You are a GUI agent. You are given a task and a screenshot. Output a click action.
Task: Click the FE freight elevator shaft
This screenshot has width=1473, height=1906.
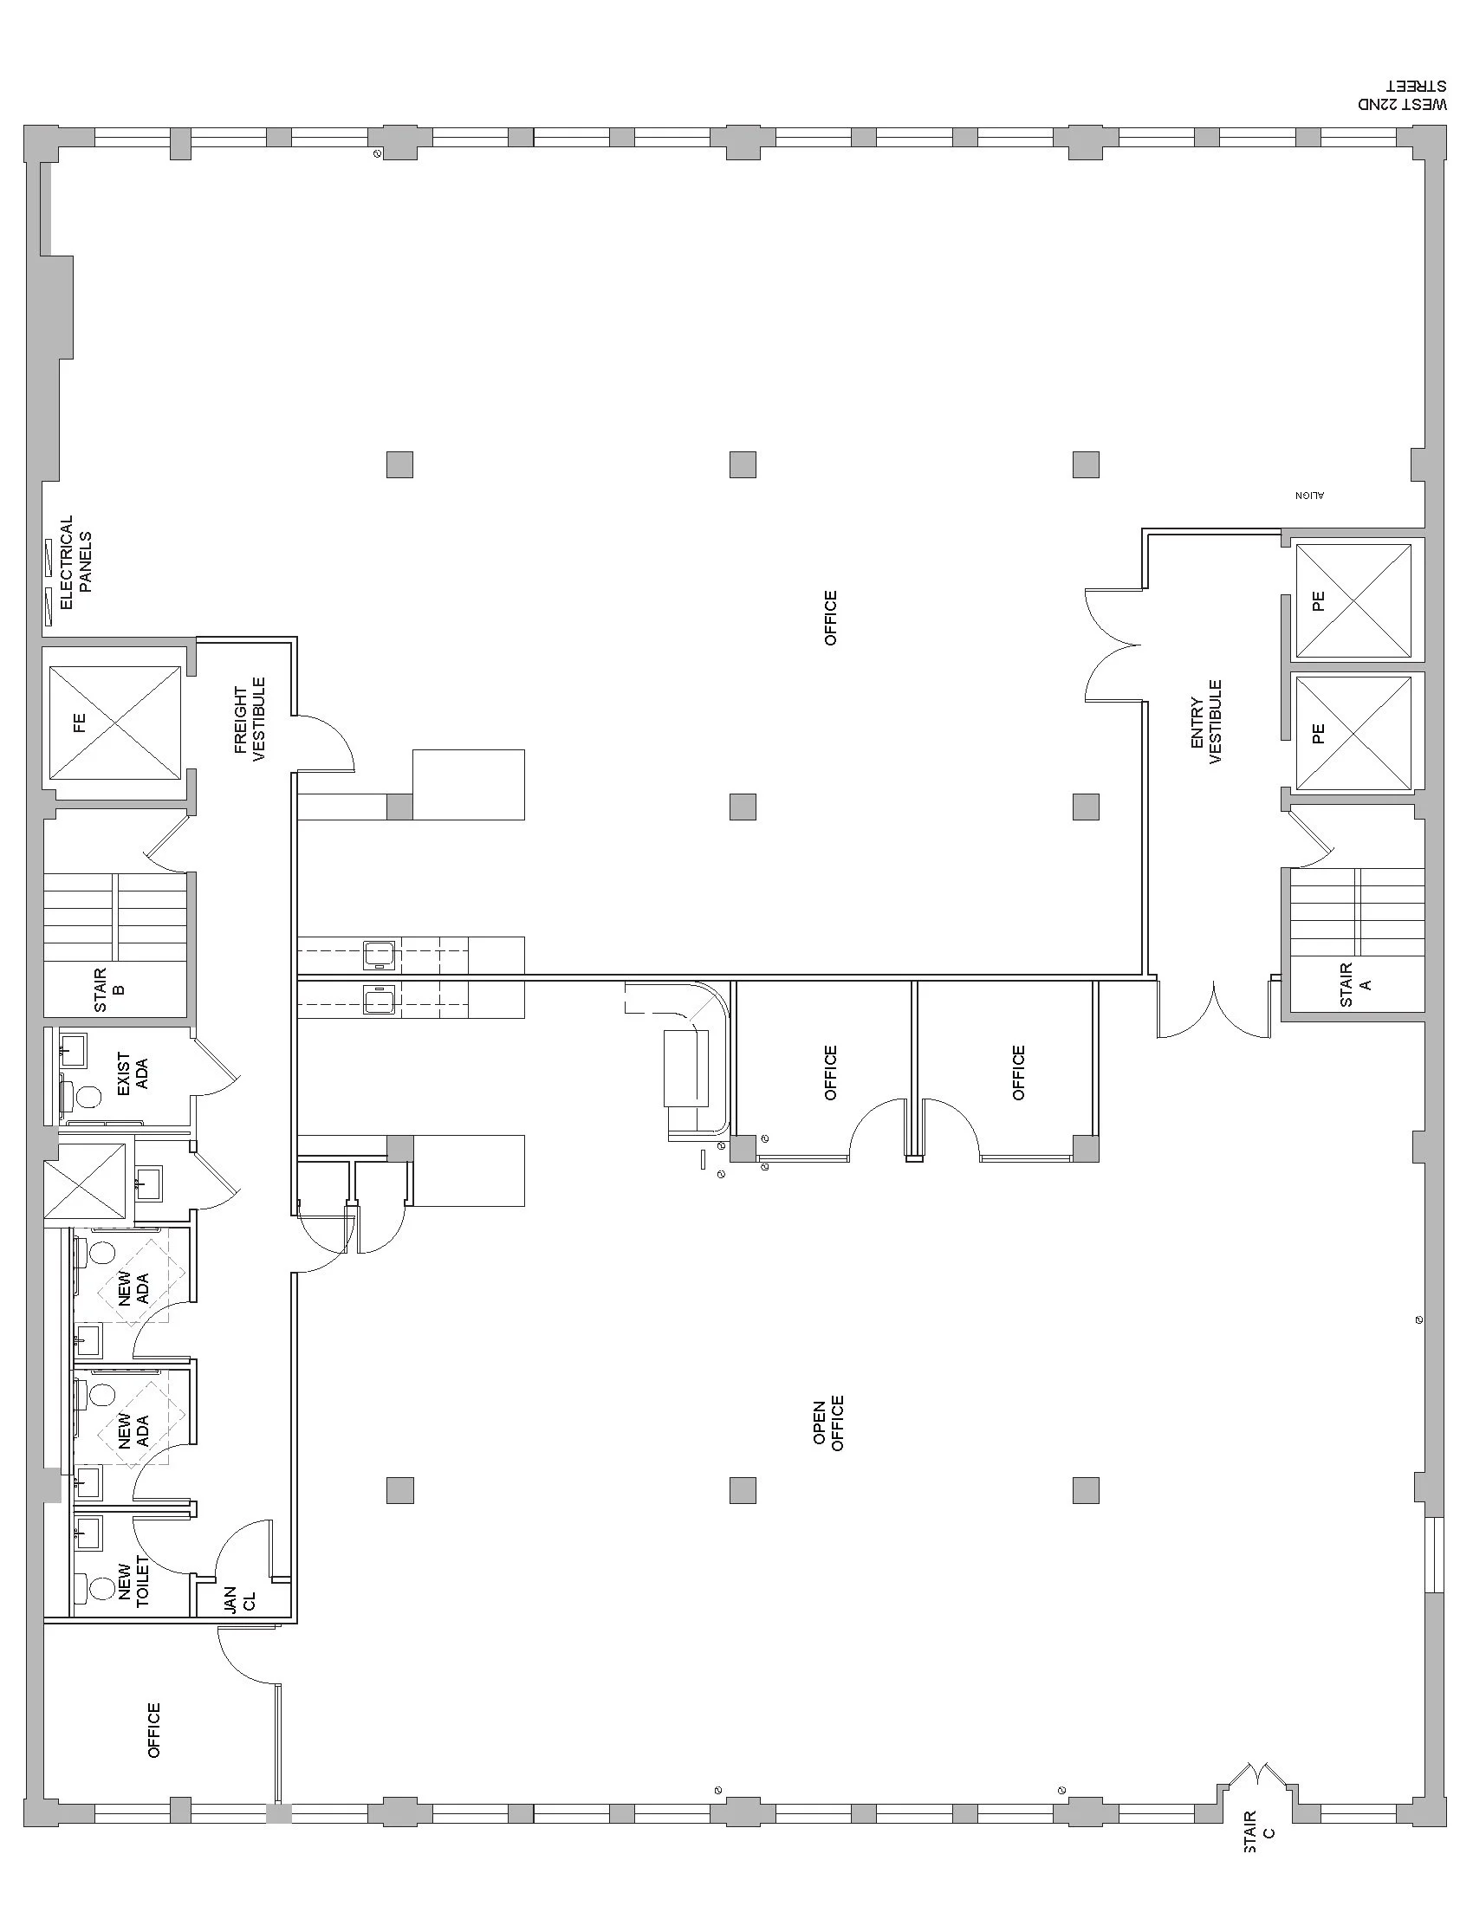pyautogui.click(x=115, y=723)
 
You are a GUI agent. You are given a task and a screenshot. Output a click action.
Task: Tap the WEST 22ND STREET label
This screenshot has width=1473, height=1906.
pyautogui.click(x=1401, y=95)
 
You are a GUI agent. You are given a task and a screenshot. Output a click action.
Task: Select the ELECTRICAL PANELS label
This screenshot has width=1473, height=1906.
pyautogui.click(x=75, y=562)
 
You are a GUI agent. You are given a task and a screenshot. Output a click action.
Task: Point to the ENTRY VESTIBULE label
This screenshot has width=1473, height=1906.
pyautogui.click(x=1206, y=723)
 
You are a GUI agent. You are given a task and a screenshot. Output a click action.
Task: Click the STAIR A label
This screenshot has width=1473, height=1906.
pyautogui.click(x=1356, y=984)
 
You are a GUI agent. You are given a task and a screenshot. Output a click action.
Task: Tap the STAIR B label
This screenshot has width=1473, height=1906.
pyautogui.click(x=109, y=989)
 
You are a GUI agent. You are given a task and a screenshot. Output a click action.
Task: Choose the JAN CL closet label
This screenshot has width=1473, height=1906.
pyautogui.click(x=240, y=1599)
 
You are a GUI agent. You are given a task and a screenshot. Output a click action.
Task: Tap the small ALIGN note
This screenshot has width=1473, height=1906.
pyautogui.click(x=1310, y=496)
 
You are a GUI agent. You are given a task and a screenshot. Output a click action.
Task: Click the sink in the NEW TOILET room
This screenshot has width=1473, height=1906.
pyautogui.click(x=89, y=1533)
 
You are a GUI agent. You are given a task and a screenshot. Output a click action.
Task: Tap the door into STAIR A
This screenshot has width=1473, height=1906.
pyautogui.click(x=1310, y=839)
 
